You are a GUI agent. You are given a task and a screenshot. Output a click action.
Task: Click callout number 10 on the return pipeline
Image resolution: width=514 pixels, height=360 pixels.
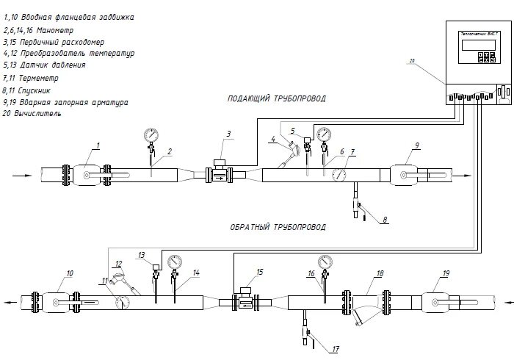click(x=70, y=273)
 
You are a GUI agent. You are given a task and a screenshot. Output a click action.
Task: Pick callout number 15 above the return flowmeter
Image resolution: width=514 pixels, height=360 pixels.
click(x=258, y=272)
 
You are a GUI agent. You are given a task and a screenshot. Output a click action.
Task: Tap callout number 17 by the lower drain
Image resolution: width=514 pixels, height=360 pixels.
click(x=336, y=349)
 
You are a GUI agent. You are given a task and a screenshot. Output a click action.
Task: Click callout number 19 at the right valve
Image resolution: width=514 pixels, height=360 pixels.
click(x=446, y=273)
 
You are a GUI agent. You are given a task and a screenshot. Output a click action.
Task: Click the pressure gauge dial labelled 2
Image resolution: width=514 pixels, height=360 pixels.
click(x=151, y=134)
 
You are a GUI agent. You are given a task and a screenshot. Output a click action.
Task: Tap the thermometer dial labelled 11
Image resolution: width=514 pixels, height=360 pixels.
click(x=123, y=301)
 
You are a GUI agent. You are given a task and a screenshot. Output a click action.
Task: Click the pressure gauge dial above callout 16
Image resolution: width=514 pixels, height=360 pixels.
click(x=324, y=261)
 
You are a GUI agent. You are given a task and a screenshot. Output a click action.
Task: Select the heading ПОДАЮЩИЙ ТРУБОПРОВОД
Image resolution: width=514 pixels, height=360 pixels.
click(x=276, y=98)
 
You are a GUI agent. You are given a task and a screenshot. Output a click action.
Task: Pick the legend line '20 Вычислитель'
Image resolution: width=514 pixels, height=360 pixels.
click(x=32, y=115)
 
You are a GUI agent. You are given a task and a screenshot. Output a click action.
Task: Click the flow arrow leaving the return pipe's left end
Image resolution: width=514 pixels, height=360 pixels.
click(x=9, y=301)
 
